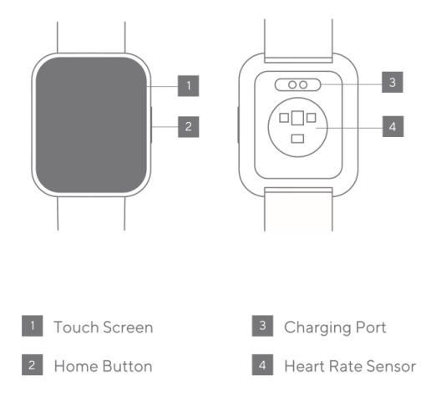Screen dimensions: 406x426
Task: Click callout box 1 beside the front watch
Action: (189, 84)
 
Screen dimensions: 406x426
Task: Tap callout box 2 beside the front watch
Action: (189, 127)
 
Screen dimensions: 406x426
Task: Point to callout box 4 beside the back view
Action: (392, 127)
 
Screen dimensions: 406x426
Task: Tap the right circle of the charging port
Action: (297, 84)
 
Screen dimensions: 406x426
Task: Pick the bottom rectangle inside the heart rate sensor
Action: (297, 138)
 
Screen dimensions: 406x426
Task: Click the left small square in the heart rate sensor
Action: (282, 118)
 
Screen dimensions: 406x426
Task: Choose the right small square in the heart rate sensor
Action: (311, 118)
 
